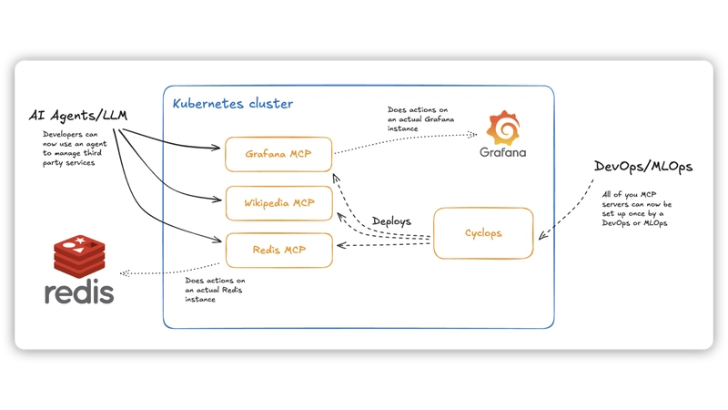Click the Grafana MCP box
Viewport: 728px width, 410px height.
click(x=278, y=154)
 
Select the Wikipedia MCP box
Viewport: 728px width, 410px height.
click(x=278, y=202)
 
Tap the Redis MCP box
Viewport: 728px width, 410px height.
click(x=278, y=250)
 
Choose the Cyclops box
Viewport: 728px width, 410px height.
click(x=482, y=233)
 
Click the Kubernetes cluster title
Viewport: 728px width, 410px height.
click(x=233, y=104)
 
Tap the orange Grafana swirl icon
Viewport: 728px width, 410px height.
click(x=503, y=127)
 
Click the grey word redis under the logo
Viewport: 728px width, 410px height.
click(x=79, y=292)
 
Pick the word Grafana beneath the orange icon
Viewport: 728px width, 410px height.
click(x=503, y=151)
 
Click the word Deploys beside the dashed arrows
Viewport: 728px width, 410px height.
click(x=392, y=221)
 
